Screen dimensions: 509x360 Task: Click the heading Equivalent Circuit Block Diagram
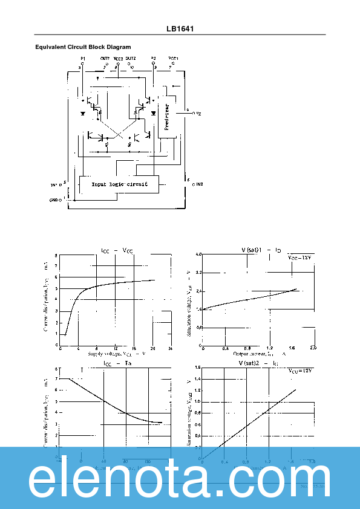pyautogui.click(x=83, y=47)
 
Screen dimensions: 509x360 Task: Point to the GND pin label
pyautogui.click(x=54, y=199)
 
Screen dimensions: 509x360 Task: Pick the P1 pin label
pyautogui.click(x=83, y=59)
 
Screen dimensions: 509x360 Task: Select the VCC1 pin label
pyautogui.click(x=173, y=59)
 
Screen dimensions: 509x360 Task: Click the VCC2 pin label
pyautogui.click(x=118, y=59)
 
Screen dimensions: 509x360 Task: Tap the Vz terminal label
pyautogui.click(x=198, y=113)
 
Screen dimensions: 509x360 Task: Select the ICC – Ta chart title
pyautogui.click(x=117, y=363)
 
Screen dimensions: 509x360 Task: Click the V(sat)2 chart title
pyautogui.click(x=258, y=363)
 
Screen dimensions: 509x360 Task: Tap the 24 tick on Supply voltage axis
pyautogui.click(x=171, y=349)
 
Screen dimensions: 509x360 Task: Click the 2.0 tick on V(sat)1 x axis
pyautogui.click(x=313, y=349)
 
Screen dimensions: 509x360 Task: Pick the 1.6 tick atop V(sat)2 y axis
pyautogui.click(x=197, y=368)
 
